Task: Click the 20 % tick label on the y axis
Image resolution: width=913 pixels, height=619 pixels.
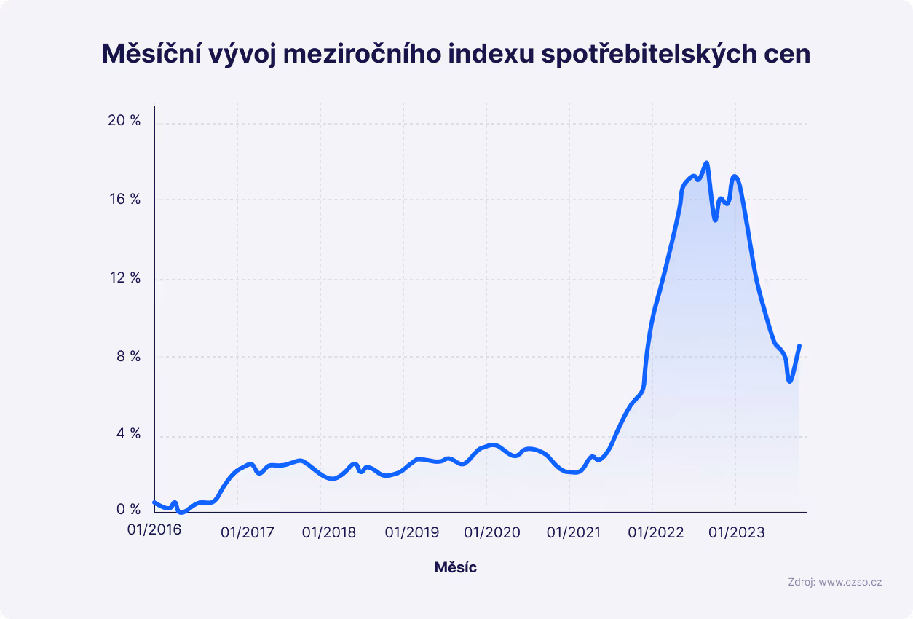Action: click(x=124, y=121)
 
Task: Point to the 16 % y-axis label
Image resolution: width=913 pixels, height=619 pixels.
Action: click(x=124, y=200)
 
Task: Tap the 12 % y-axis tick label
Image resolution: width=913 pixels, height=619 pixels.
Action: click(x=124, y=278)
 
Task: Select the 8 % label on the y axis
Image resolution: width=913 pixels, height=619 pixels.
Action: click(x=127, y=357)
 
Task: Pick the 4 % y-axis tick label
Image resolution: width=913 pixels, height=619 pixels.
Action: click(x=127, y=435)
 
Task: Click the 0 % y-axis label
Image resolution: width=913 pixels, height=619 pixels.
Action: click(x=127, y=510)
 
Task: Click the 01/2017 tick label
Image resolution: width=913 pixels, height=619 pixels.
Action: click(x=248, y=533)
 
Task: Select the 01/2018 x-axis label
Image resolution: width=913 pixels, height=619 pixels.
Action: click(x=330, y=533)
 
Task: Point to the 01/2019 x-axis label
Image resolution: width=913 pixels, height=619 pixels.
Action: click(x=412, y=533)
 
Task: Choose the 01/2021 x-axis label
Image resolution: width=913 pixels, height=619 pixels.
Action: click(x=574, y=533)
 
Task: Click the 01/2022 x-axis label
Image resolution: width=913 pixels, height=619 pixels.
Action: click(x=657, y=533)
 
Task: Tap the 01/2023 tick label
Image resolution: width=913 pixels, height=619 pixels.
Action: click(x=737, y=533)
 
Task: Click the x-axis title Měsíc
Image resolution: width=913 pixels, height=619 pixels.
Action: click(x=456, y=567)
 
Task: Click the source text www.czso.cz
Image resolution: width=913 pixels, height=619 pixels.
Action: click(x=850, y=582)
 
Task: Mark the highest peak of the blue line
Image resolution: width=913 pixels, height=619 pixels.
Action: click(x=706, y=162)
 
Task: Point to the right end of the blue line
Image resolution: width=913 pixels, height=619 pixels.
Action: click(x=799, y=346)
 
